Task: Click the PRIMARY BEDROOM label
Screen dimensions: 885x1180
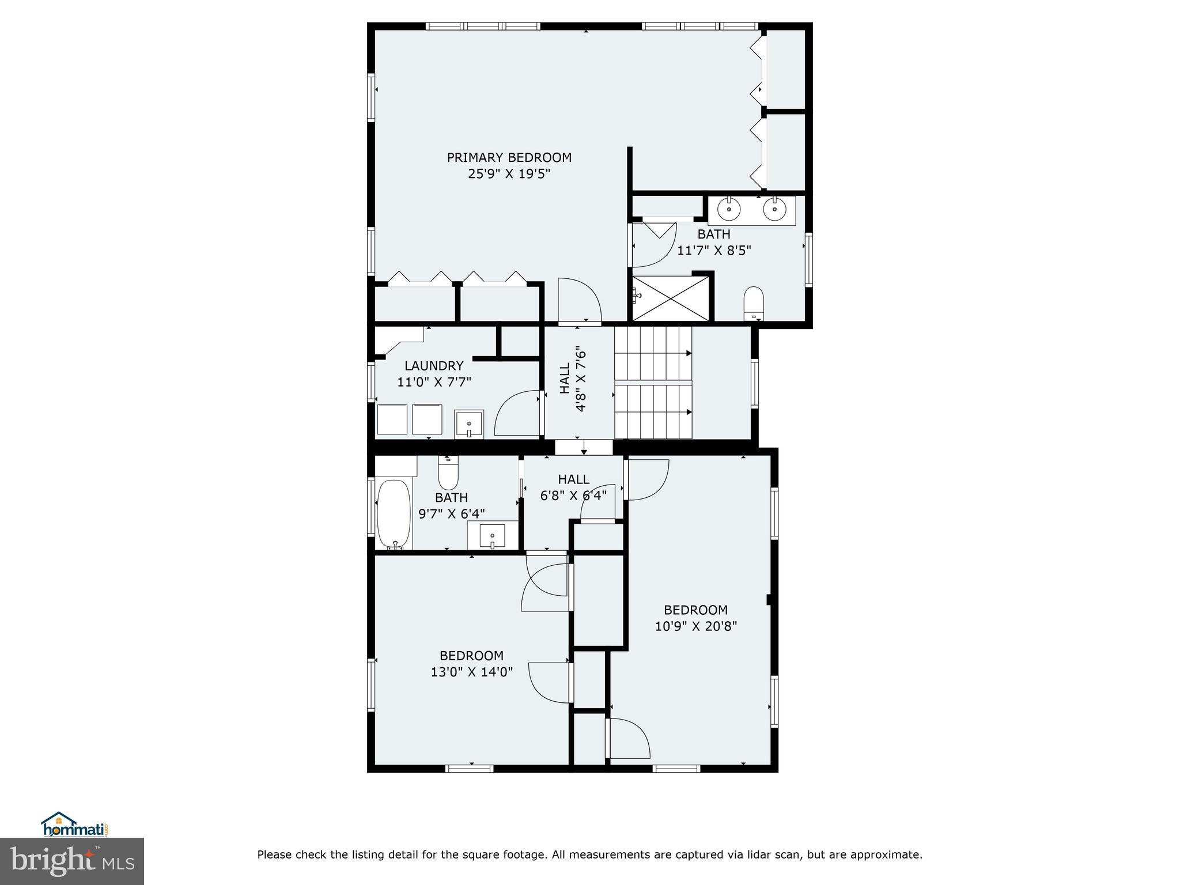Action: click(509, 157)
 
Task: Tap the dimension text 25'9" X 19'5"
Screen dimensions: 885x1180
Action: click(509, 174)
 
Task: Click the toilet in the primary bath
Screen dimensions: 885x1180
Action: click(753, 302)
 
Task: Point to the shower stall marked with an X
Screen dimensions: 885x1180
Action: click(671, 298)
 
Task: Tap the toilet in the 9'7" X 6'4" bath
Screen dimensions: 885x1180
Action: click(448, 474)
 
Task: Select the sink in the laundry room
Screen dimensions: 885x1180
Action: click(469, 425)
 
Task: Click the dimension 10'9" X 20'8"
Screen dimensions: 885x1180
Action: click(695, 626)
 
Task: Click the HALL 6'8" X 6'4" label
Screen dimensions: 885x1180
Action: click(573, 487)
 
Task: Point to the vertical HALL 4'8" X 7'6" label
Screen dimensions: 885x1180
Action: click(573, 379)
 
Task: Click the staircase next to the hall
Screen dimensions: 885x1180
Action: click(653, 383)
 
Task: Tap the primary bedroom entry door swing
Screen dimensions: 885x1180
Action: click(579, 301)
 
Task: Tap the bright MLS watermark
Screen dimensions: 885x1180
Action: click(71, 861)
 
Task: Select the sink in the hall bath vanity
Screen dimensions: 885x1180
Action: click(492, 536)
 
